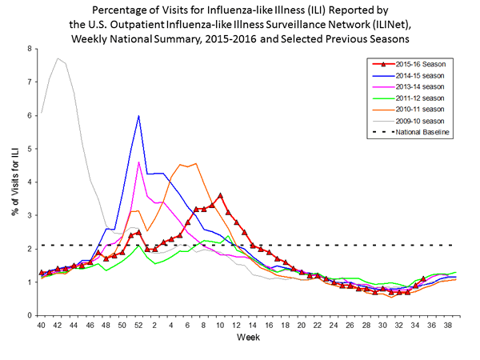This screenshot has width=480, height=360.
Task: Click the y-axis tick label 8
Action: [x=30, y=49]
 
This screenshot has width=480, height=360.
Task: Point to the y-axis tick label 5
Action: [x=30, y=149]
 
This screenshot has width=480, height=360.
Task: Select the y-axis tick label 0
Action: [x=30, y=315]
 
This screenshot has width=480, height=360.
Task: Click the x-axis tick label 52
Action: [x=139, y=326]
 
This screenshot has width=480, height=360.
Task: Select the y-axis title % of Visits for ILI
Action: [x=14, y=182]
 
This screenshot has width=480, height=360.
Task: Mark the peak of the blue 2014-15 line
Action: [x=139, y=116]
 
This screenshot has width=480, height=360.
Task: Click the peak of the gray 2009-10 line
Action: [x=58, y=58]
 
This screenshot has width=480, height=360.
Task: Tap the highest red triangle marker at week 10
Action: [x=220, y=195]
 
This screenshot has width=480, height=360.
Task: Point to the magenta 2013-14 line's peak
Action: [x=139, y=162]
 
